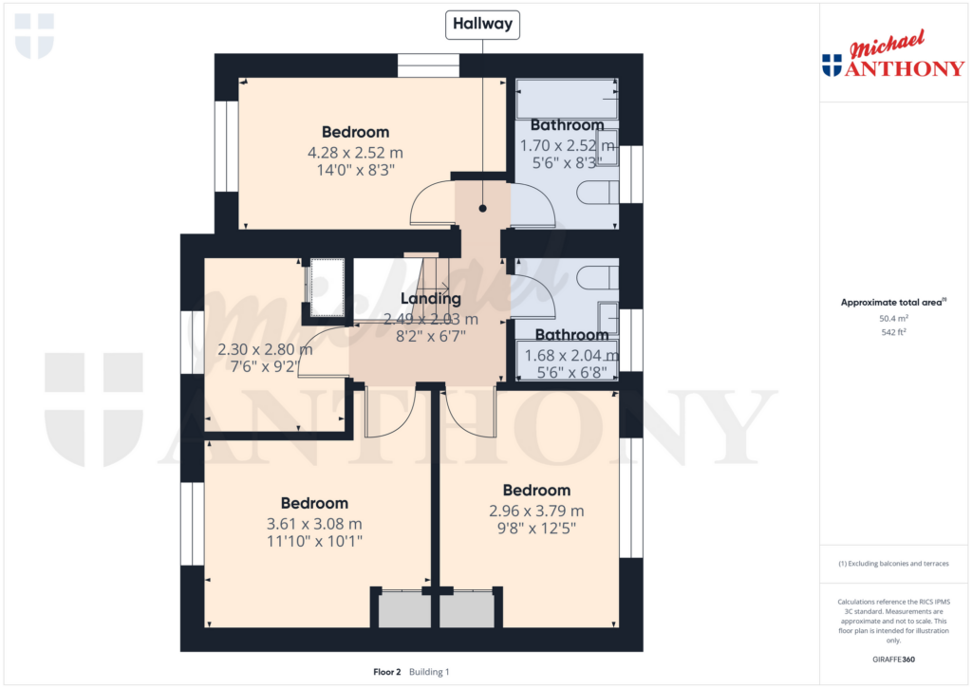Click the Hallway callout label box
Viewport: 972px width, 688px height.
[482, 25]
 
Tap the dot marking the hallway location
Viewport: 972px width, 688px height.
[482, 208]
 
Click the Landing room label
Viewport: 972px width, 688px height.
[430, 300]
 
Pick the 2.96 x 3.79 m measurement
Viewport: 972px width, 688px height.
[536, 511]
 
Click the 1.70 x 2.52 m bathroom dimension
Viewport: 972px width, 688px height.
[567, 146]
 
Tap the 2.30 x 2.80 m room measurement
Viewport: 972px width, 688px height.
[265, 349]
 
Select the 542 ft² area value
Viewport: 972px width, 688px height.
[892, 332]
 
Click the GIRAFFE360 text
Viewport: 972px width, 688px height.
[892, 660]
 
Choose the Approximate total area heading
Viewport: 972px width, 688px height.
[892, 303]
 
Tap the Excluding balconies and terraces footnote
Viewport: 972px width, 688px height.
[892, 564]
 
